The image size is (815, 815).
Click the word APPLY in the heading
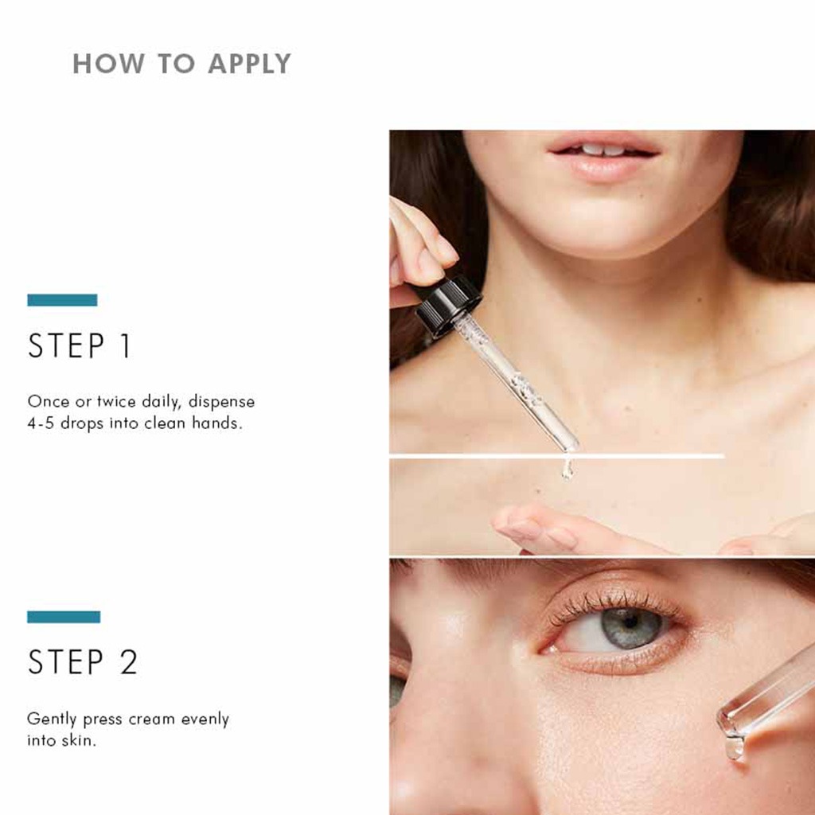coord(249,64)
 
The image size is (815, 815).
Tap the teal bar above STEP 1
coord(62,300)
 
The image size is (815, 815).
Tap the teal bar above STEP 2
coord(64,617)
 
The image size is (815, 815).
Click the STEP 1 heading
coord(80,347)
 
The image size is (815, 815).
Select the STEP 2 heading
coord(83,662)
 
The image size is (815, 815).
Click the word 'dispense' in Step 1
coord(221,402)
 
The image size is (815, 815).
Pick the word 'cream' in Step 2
coord(154,719)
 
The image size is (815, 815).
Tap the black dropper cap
coord(448,304)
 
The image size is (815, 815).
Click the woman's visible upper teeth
coord(602,149)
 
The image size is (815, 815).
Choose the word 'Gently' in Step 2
coord(53,719)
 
